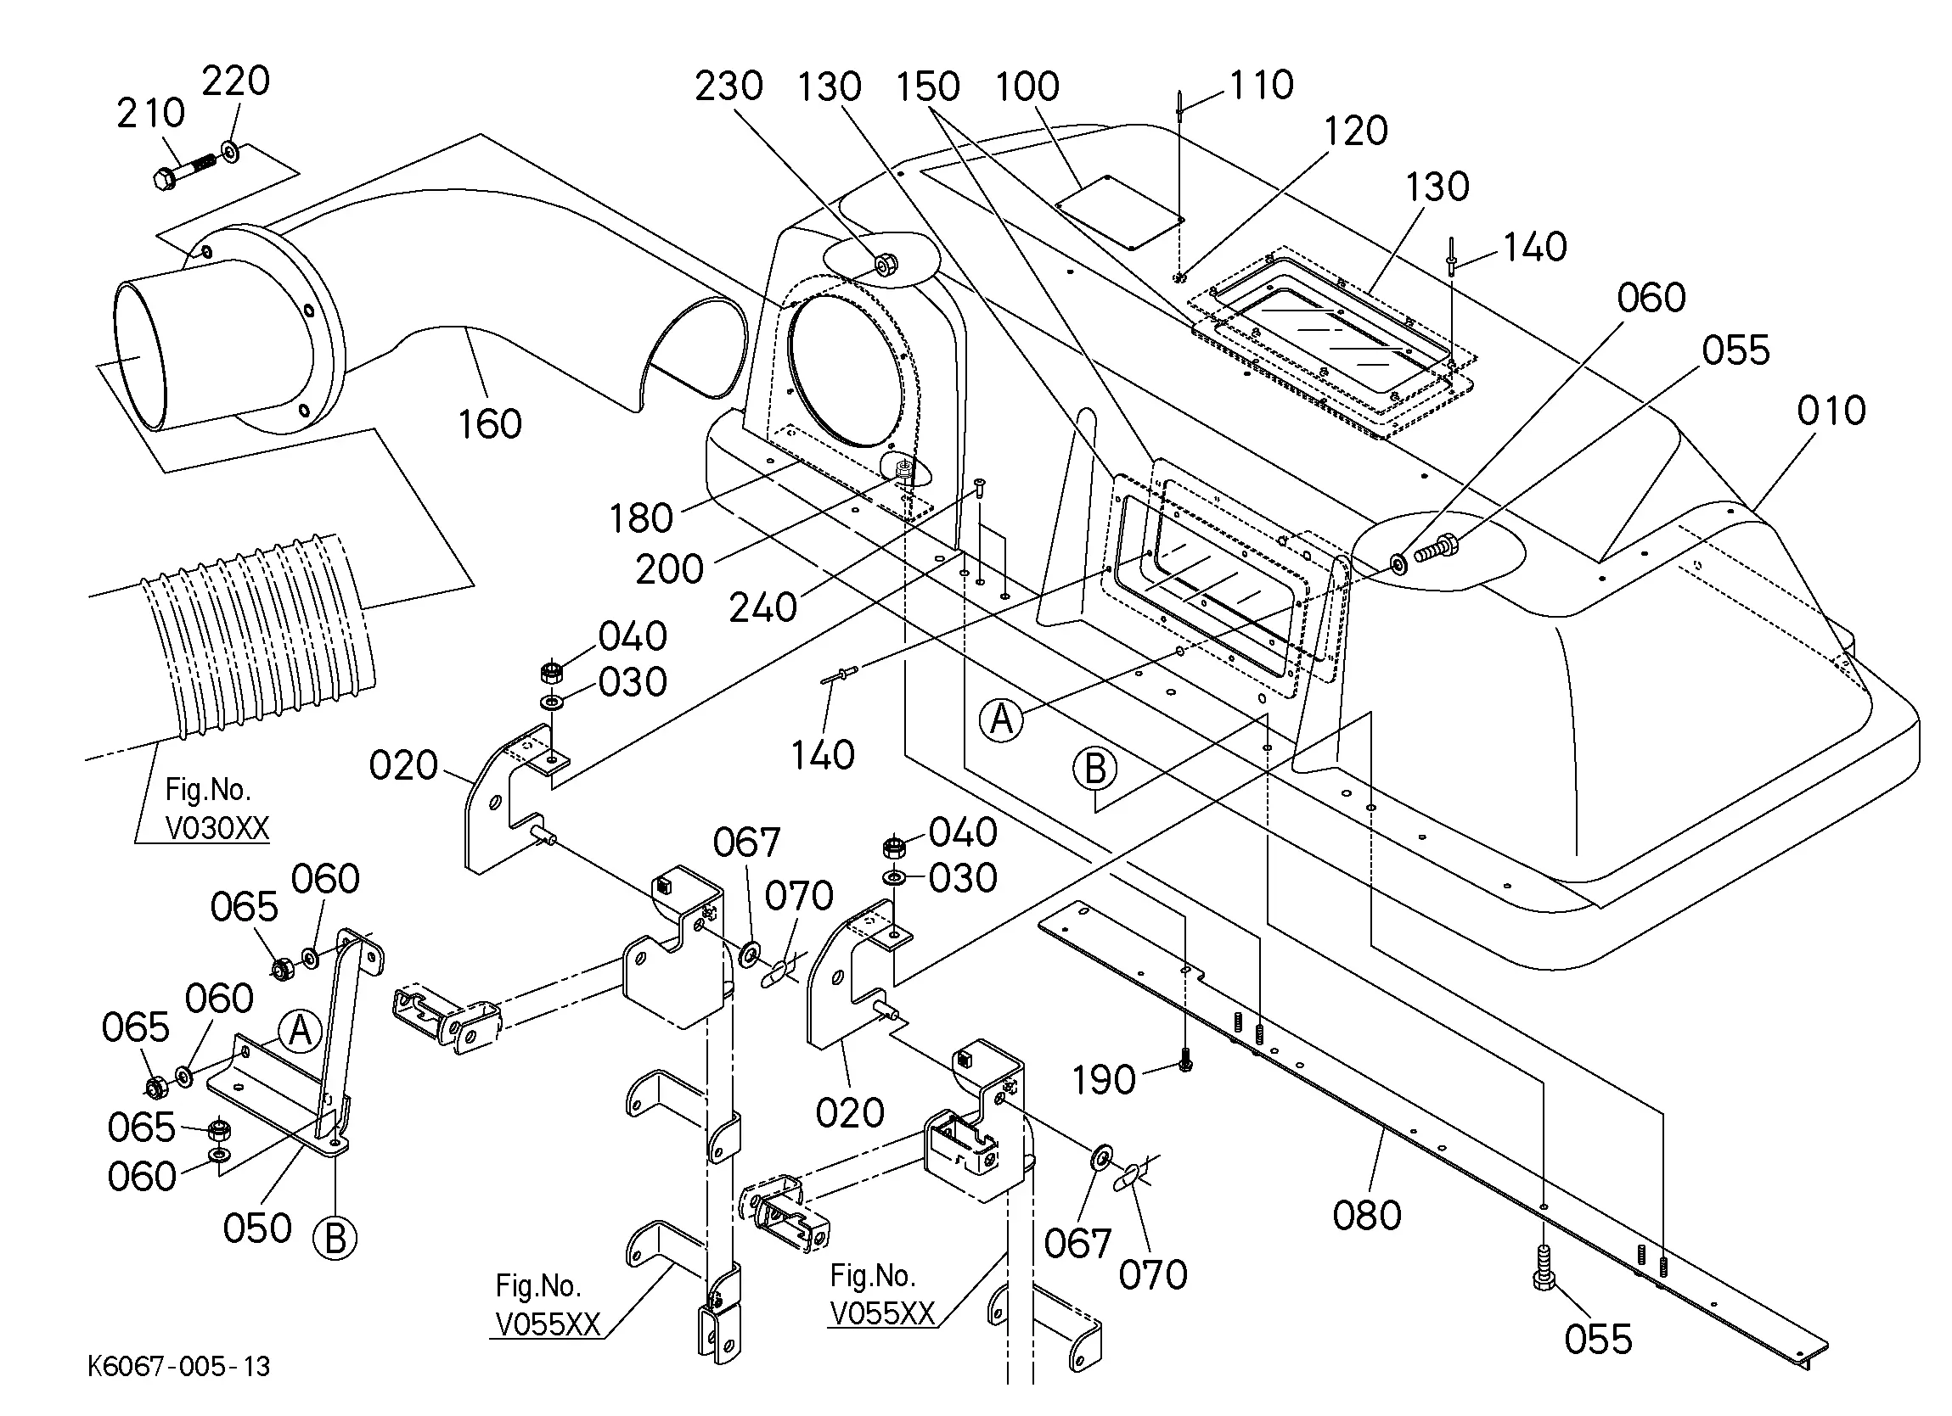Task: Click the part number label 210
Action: [150, 113]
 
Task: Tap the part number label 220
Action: [236, 81]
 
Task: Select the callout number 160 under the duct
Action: [489, 424]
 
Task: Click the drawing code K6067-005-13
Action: [179, 1366]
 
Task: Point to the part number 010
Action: [1831, 411]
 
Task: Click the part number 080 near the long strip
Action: [1368, 1216]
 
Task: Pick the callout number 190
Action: [1105, 1080]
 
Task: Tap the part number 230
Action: [729, 86]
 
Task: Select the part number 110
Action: [1261, 85]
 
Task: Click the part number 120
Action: [1356, 131]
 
